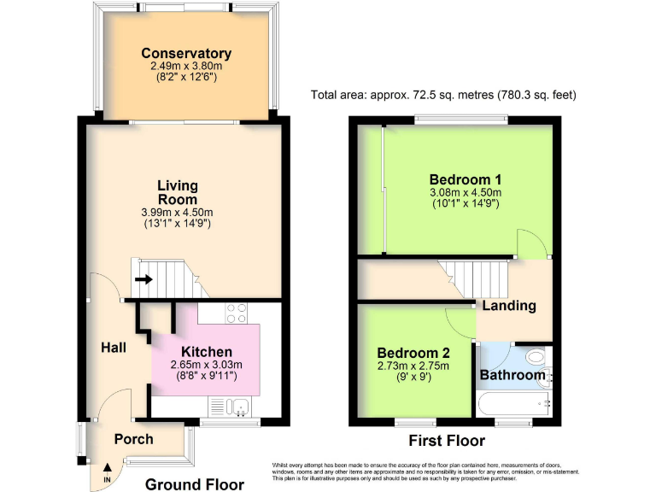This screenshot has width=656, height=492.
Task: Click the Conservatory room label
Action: [x=186, y=54]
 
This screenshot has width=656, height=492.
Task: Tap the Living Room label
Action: [x=178, y=192]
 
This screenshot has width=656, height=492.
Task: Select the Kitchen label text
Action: [x=206, y=352]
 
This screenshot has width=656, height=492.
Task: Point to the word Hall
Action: [x=114, y=348]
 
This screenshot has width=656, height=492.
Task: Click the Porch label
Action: [x=134, y=439]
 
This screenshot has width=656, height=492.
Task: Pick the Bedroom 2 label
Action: [x=413, y=352]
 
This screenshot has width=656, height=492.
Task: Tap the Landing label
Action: [x=509, y=305]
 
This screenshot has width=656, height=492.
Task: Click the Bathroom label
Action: [x=512, y=375]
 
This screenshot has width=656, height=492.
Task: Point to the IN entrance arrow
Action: [x=108, y=470]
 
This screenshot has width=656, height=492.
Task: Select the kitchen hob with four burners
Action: [x=235, y=313]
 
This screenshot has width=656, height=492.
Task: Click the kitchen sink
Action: [x=238, y=407]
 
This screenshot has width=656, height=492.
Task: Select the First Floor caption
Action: [x=447, y=441]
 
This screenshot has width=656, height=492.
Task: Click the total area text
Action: [x=444, y=95]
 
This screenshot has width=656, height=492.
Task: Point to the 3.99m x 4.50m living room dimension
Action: [x=178, y=212]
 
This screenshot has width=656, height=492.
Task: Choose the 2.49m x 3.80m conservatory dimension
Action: [x=186, y=66]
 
